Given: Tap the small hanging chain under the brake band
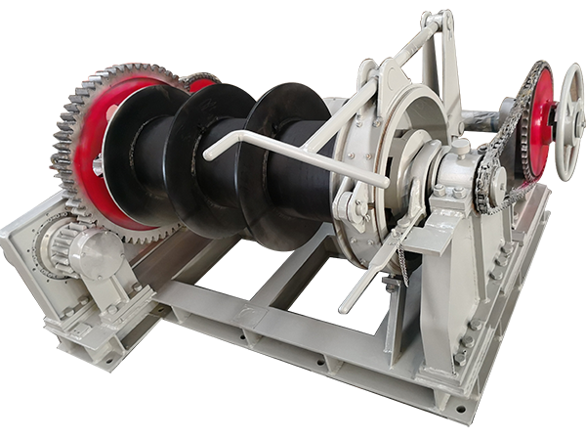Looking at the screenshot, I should point(401,264).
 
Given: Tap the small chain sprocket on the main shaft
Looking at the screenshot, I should point(488,186).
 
